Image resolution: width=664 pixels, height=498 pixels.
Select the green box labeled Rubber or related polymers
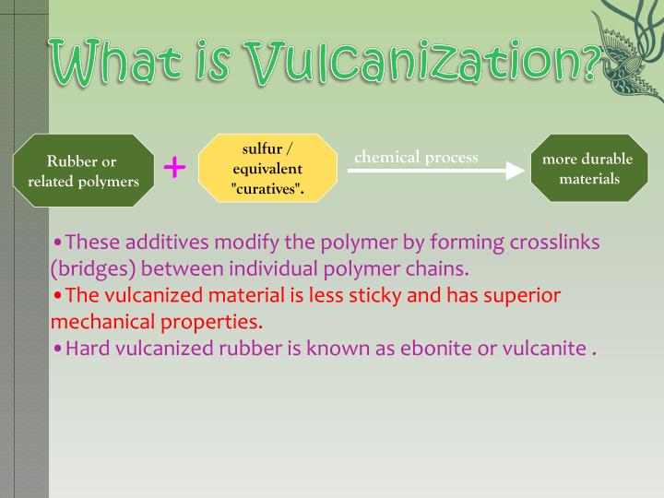83,172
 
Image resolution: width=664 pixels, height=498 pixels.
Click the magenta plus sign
174,167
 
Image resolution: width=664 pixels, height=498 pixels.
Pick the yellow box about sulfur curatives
267,169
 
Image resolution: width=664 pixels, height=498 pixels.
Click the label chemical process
416,157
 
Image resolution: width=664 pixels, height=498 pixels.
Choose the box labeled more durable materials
588,168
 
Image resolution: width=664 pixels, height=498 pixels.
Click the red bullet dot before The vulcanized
57,296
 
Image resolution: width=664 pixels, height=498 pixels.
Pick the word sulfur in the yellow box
262,149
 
